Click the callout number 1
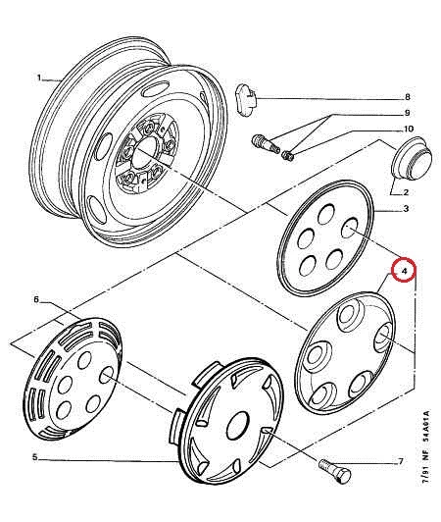pyautogui.click(x=39, y=78)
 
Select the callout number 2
pyautogui.click(x=406, y=192)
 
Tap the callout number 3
pyautogui.click(x=406, y=209)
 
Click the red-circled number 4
pyautogui.click(x=404, y=270)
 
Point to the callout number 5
pyautogui.click(x=35, y=458)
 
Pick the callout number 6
pyautogui.click(x=36, y=299)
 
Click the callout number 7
pyautogui.click(x=401, y=461)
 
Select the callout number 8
pyautogui.click(x=408, y=97)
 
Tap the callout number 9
pyautogui.click(x=407, y=113)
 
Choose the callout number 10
pyautogui.click(x=409, y=129)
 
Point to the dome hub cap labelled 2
pyautogui.click(x=412, y=157)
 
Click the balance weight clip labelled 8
pyautogui.click(x=246, y=100)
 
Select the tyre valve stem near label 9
pyautogui.click(x=266, y=143)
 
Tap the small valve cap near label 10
pyautogui.click(x=287, y=155)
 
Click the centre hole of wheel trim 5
pyautogui.click(x=237, y=426)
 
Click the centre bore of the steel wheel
pyautogui.click(x=143, y=152)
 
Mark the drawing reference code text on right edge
pyautogui.click(x=425, y=447)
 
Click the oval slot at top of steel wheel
pyautogui.click(x=155, y=89)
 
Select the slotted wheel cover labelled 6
pyautogui.click(x=73, y=378)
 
